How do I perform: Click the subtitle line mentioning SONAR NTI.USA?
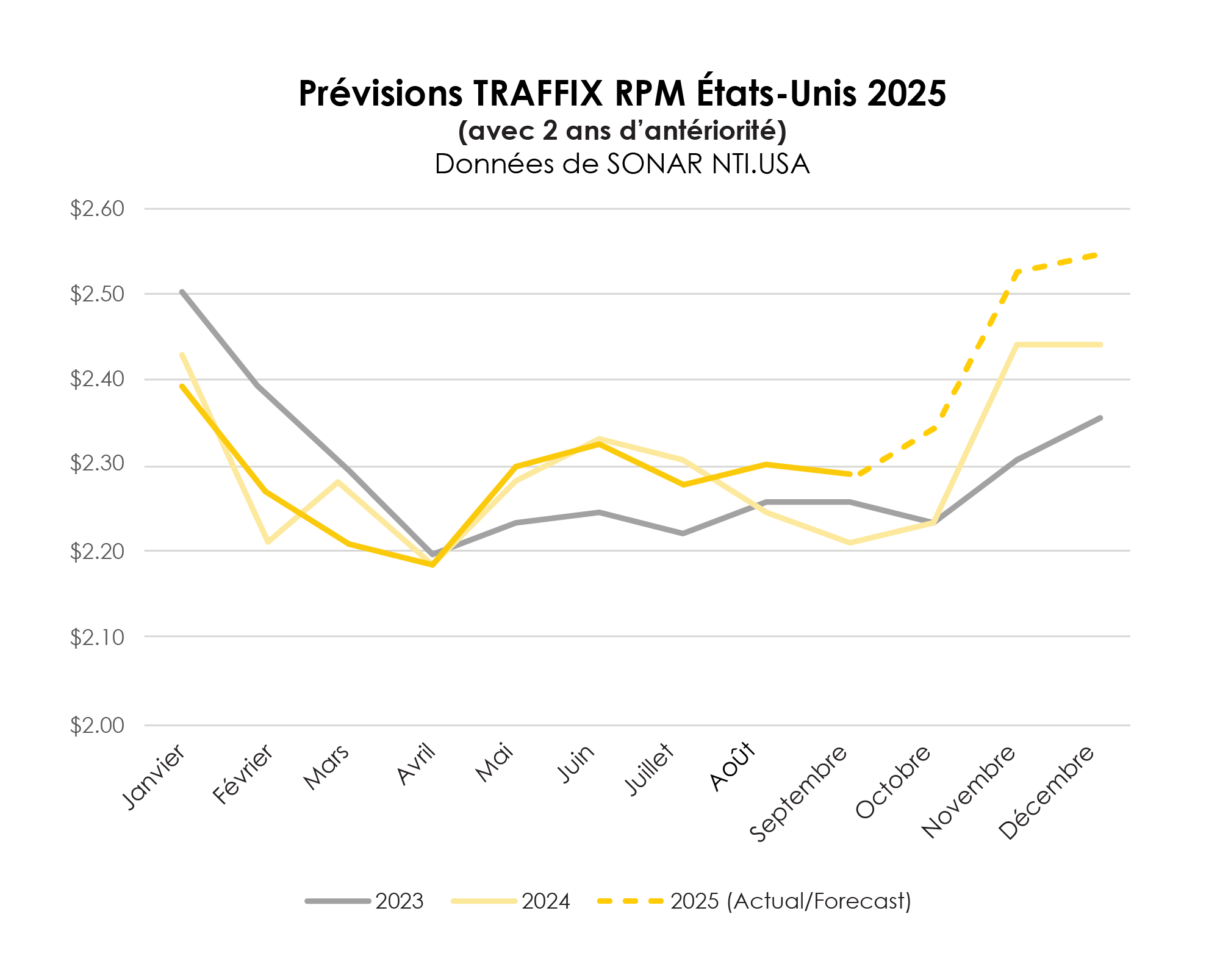pos(622,164)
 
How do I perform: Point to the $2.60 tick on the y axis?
pos(97,209)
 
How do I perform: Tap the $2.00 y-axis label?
pos(97,726)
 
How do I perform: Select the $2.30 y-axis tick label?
pos(97,464)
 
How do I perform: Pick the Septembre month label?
pos(798,793)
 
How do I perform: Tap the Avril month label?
pos(417,765)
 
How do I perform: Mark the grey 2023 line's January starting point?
pos(182,292)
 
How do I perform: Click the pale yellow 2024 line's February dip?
pos(267,542)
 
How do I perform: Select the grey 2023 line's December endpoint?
pos(1100,418)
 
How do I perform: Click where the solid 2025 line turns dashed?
pos(850,474)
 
